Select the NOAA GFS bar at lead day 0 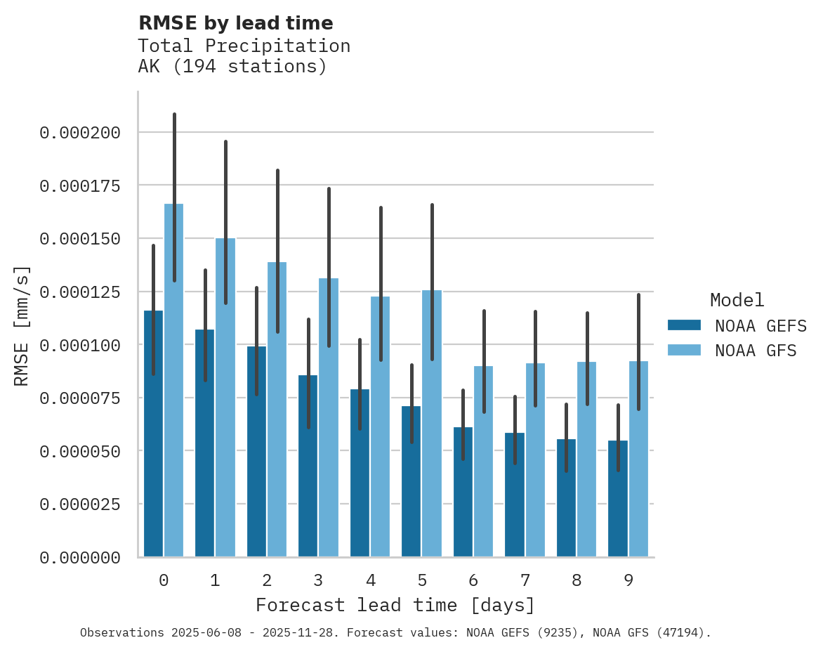(x=173, y=393)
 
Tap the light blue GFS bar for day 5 (x=432, y=436)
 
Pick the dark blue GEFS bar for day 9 (x=618, y=506)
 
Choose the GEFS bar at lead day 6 (x=463, y=499)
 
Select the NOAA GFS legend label (x=756, y=351)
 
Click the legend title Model (x=737, y=301)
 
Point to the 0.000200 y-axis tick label (x=79, y=133)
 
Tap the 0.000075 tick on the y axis (x=79, y=398)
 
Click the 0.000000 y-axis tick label (x=79, y=558)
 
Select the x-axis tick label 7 (x=525, y=580)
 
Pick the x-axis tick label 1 (x=215, y=580)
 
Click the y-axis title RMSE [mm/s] (x=22, y=326)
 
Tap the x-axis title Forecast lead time (x=395, y=605)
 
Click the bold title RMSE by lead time (x=235, y=23)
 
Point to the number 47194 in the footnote (x=678, y=633)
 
